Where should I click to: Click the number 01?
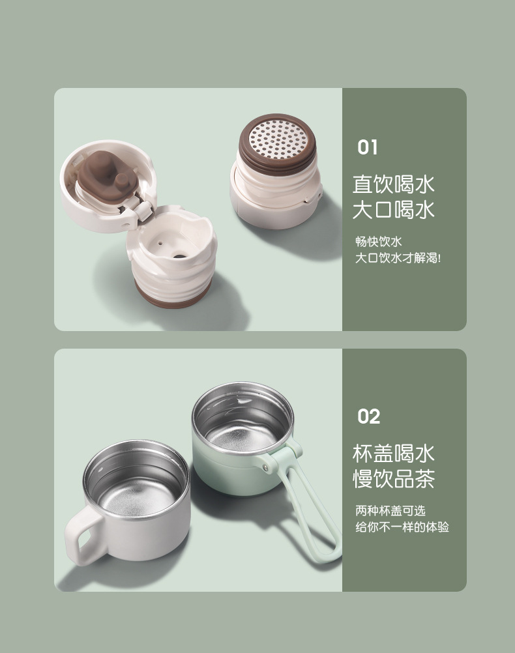tap(367, 148)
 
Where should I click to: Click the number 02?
tap(368, 417)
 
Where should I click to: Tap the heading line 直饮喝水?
tap(393, 184)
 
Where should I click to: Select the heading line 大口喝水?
tap(393, 210)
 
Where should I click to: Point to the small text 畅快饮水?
tap(378, 242)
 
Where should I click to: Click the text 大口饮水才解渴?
tap(398, 258)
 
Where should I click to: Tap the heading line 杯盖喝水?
tap(393, 454)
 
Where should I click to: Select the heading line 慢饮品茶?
tap(393, 480)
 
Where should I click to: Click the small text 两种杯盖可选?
tap(390, 511)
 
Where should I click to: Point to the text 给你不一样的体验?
tap(402, 527)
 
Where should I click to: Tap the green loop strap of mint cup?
tap(319, 515)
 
